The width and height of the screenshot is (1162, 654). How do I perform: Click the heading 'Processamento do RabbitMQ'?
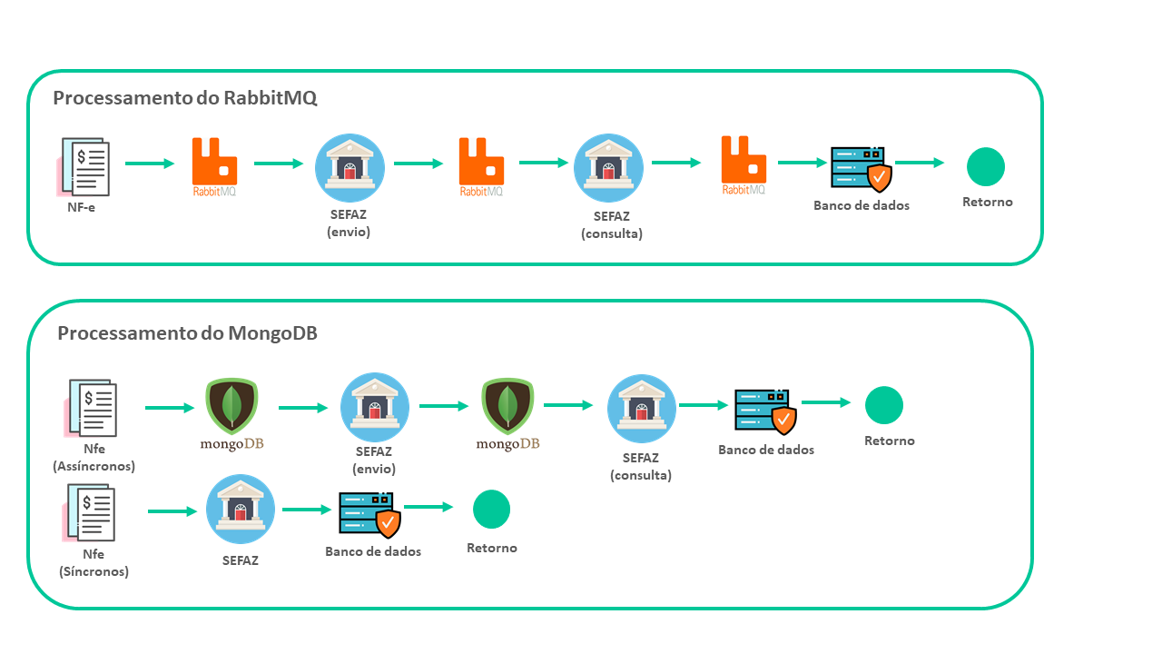click(x=185, y=98)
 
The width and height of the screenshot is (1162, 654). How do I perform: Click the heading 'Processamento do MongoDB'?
click(x=187, y=333)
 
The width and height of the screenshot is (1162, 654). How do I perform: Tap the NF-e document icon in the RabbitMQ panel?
click(x=85, y=167)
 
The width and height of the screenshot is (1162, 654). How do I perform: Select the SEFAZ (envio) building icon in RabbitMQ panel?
click(x=350, y=169)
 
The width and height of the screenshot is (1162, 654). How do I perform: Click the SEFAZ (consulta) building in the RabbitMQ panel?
click(x=608, y=169)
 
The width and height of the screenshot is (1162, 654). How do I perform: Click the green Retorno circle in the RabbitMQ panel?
click(x=986, y=167)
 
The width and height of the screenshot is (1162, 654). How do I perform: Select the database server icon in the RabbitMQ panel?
click(x=861, y=169)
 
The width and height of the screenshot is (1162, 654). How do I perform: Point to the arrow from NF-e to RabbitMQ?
click(x=149, y=163)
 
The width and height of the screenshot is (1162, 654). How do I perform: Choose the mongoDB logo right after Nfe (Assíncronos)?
click(x=231, y=411)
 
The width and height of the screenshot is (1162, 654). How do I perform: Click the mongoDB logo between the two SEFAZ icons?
click(x=508, y=411)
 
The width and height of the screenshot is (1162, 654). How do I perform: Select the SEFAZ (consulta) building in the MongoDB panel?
click(x=642, y=409)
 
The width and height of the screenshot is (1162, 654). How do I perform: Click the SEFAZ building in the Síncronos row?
click(x=241, y=510)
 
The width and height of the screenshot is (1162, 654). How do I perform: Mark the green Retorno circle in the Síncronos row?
click(x=492, y=510)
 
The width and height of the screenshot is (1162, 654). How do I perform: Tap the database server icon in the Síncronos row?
click(x=369, y=515)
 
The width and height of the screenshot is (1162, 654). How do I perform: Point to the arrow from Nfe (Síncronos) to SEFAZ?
click(x=172, y=511)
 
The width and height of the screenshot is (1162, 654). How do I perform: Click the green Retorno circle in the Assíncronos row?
click(x=884, y=405)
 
